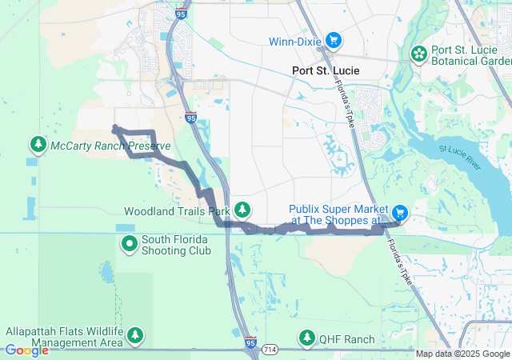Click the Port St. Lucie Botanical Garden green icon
418,54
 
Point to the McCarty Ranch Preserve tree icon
38,145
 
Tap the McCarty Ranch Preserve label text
110,146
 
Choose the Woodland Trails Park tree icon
242,211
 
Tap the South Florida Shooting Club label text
176,245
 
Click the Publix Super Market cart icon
400,213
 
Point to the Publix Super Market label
338,214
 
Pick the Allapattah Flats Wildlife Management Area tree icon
135,336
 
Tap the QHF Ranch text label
346,339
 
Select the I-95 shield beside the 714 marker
250,342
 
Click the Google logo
27,350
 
